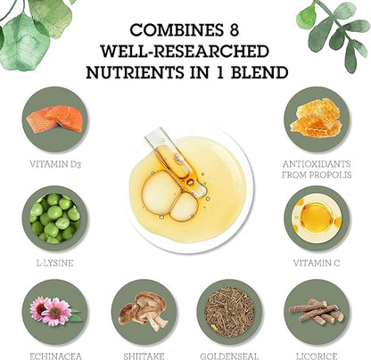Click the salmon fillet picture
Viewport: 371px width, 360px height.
pyautogui.click(x=54, y=119)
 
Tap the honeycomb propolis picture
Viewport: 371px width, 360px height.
pyautogui.click(x=316, y=119)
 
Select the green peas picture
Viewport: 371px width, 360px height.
pyautogui.click(x=54, y=218)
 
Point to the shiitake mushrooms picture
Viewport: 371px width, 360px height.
pyautogui.click(x=143, y=311)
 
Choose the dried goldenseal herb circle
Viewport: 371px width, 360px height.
pyautogui.click(x=229, y=312)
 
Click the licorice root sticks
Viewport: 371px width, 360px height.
pyautogui.click(x=317, y=311)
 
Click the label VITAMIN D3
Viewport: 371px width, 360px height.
pyautogui.click(x=55, y=164)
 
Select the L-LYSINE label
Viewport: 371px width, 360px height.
pyautogui.click(x=54, y=263)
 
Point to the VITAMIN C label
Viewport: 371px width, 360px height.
pyautogui.click(x=317, y=263)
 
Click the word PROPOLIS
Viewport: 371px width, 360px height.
pyautogui.click(x=330, y=175)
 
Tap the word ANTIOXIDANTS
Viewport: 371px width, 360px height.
pyautogui.click(x=317, y=164)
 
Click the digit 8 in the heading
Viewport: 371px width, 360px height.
pyautogui.click(x=234, y=29)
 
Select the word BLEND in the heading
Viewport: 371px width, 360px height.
pyautogui.click(x=260, y=72)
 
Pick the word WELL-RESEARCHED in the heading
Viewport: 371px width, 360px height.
pyautogui.click(x=185, y=51)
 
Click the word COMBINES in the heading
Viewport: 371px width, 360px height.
pyautogui.click(x=177, y=29)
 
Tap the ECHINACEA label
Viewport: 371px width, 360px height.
pyautogui.click(x=55, y=356)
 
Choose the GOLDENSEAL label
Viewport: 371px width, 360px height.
pyautogui.click(x=229, y=356)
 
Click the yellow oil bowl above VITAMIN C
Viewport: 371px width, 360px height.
pyautogui.click(x=317, y=218)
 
